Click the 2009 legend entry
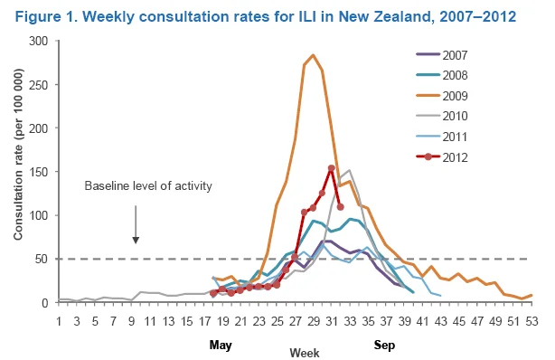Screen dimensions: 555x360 tap(442, 96)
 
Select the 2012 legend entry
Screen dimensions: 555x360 tap(442, 157)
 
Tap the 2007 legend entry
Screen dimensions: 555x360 tap(442, 55)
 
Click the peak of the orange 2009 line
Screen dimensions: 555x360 tap(313, 55)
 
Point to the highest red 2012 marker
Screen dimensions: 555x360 tap(332, 168)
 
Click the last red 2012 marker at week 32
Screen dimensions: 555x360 tap(341, 207)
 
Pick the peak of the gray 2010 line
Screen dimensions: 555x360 tap(349, 170)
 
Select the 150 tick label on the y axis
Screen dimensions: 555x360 tap(39, 172)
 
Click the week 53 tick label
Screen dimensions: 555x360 tap(531, 321)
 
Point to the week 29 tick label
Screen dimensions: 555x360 tap(314, 321)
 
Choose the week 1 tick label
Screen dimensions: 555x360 tap(59, 321)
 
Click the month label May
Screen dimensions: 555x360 tap(221, 345)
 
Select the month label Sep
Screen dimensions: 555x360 tap(384, 345)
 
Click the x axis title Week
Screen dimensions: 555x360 tap(305, 353)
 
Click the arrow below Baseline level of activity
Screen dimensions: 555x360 tap(136, 224)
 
